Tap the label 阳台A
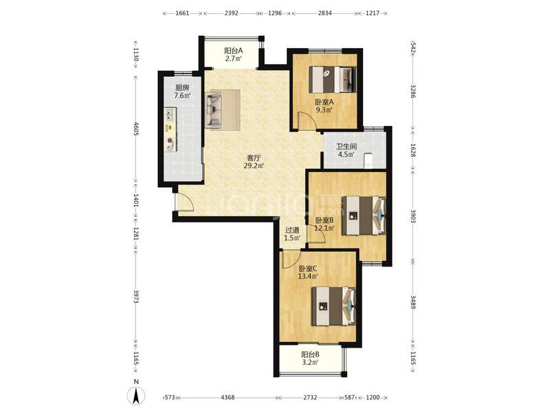[x=233, y=50]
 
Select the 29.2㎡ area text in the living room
[x=254, y=165]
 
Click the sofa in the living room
[x=214, y=109]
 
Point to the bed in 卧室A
[x=332, y=80]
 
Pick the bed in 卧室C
[x=333, y=306]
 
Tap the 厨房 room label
[x=182, y=87]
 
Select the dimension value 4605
[x=136, y=129]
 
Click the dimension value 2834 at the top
[x=324, y=13]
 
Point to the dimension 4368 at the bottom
[x=228, y=397]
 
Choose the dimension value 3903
[x=413, y=215]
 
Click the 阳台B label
[x=310, y=354]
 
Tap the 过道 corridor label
[x=292, y=230]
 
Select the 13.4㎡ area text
[x=308, y=277]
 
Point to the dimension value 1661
[x=182, y=13]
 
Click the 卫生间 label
[x=346, y=147]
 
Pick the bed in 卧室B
[x=364, y=215]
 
